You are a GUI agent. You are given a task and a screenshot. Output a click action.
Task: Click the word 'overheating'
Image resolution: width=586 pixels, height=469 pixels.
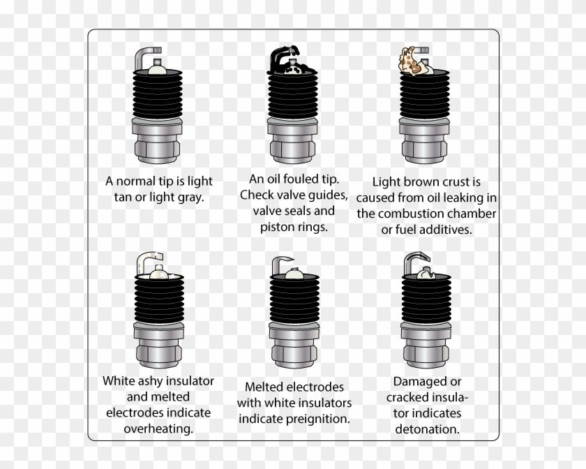tap(158, 427)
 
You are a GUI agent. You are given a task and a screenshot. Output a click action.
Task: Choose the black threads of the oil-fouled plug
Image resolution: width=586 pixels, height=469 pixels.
tap(294, 98)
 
